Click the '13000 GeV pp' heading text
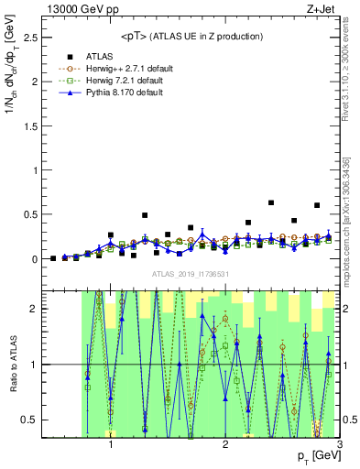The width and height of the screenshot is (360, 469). click(78, 9)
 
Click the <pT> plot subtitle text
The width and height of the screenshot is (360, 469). click(191, 37)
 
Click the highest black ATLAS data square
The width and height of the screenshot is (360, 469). click(271, 202)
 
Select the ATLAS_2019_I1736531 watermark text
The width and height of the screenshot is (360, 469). click(191, 274)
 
